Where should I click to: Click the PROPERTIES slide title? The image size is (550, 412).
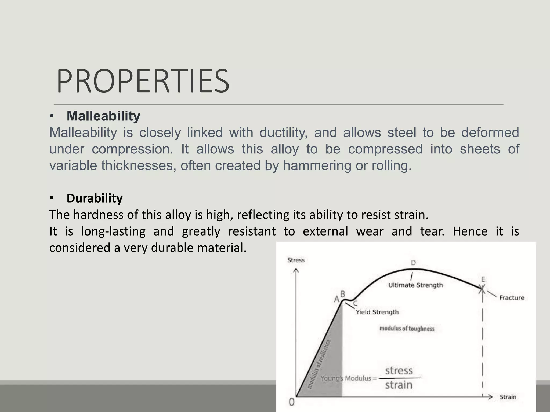[143, 81]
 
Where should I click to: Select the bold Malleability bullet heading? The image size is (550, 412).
[103, 116]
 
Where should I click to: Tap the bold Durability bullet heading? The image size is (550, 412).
[95, 198]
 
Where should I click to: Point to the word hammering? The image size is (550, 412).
[317, 165]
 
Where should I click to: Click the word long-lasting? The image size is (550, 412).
[113, 231]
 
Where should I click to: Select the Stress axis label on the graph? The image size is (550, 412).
[296, 260]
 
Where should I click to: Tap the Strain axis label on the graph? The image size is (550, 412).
[508, 397]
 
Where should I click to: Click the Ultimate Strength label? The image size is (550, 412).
[415, 285]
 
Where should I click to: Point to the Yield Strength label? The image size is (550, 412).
[377, 312]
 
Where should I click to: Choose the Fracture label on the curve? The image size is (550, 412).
[512, 298]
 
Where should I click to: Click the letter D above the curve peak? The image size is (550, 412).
[413, 263]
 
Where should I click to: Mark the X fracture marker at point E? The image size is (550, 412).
[482, 289]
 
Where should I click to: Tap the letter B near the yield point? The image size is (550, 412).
[343, 294]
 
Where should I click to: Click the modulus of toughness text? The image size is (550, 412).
[407, 329]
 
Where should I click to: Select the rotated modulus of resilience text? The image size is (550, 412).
[319, 364]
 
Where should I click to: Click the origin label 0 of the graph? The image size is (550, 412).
[292, 402]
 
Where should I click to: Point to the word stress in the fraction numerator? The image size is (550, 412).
[399, 371]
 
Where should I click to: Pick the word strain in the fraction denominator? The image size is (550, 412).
[399, 385]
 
